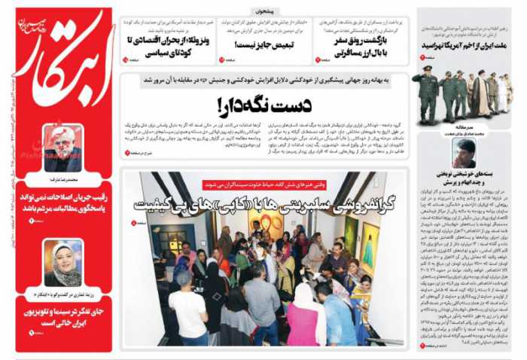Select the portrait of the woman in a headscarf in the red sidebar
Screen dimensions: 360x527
(x=63, y=262)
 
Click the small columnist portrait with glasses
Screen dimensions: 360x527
(x=465, y=153)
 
